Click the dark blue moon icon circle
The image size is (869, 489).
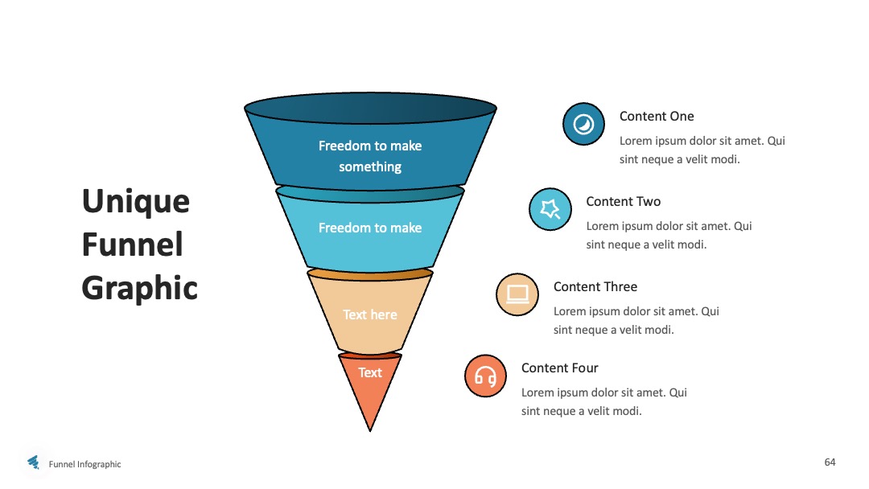583,124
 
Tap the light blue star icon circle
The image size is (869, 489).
550,209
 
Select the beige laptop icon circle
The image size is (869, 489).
517,294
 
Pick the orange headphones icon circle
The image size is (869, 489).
485,376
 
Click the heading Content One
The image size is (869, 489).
657,117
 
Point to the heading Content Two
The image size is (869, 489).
623,202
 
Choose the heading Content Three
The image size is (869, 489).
595,287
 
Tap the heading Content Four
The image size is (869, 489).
560,368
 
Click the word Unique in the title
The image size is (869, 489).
136,202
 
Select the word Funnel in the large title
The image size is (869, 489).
133,244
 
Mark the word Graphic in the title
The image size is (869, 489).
140,288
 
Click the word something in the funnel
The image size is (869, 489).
370,166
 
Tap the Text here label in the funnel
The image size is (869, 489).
369,314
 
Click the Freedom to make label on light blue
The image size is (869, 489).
370,228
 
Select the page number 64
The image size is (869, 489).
830,462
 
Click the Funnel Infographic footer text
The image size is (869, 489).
84,464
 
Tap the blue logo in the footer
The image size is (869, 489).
34,462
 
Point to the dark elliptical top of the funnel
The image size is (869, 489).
370,109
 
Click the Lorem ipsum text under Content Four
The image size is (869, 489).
604,401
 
